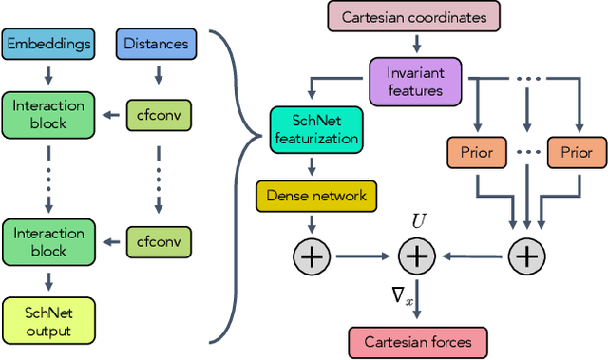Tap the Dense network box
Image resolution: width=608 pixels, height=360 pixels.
(x=316, y=196)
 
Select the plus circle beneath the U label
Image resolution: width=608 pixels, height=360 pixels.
(x=415, y=255)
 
